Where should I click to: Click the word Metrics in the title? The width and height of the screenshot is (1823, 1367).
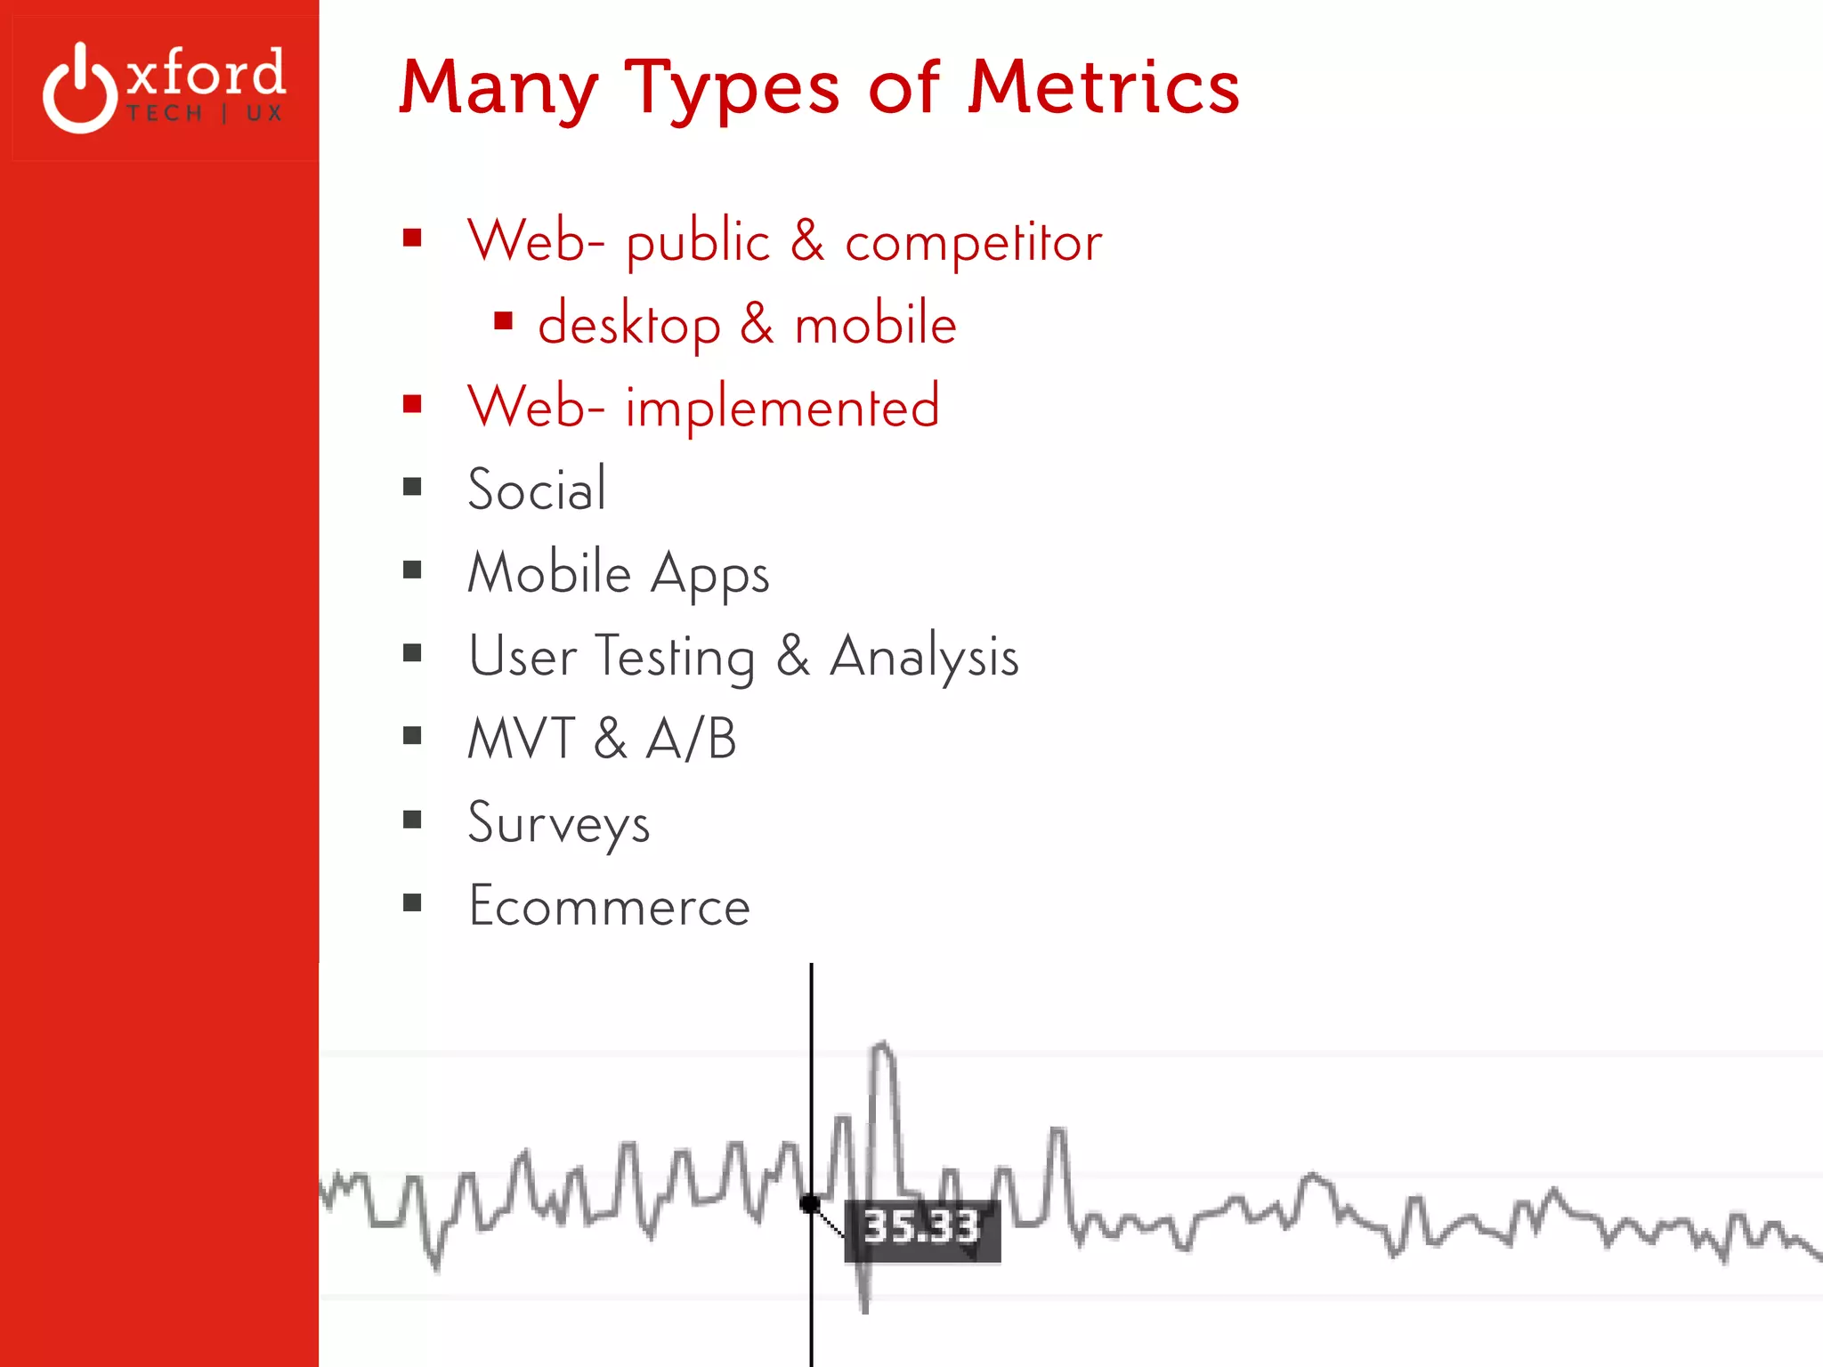[x=1104, y=86]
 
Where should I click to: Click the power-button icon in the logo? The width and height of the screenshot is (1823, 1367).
[x=80, y=89]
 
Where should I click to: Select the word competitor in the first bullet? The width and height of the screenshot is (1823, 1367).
[x=973, y=242]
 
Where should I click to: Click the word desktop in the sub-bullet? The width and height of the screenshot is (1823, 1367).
[x=629, y=325]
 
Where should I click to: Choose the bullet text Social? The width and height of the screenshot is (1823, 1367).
[x=537, y=489]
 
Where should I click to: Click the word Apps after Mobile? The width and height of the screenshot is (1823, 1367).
[x=709, y=574]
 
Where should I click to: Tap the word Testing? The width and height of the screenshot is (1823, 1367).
[x=675, y=658]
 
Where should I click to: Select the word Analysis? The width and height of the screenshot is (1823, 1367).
[x=924, y=658]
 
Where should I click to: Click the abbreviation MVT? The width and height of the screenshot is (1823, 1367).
[x=522, y=739]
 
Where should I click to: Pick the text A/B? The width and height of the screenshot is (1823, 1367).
[x=692, y=739]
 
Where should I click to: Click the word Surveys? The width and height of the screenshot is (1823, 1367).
[x=559, y=823]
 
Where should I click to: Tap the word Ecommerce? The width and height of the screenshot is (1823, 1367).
[x=610, y=907]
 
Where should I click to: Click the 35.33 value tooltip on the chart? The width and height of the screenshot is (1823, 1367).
[x=922, y=1229]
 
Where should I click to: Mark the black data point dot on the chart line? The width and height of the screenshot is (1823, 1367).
[x=810, y=1204]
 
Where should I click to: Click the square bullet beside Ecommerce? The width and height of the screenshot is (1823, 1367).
[x=412, y=903]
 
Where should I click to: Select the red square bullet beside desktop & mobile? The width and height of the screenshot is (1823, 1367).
[x=504, y=320]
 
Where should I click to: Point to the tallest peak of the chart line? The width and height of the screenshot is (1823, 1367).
[x=882, y=1047]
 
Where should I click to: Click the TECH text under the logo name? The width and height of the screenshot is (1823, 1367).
[x=165, y=114]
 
